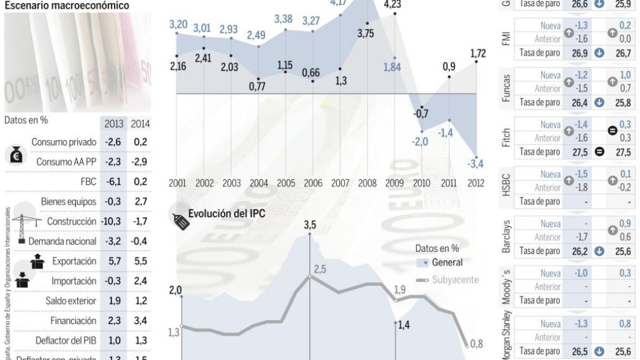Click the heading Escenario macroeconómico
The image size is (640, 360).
pyautogui.click(x=67, y=6)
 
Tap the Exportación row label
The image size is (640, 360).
pyautogui.click(x=74, y=261)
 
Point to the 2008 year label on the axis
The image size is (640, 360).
pyautogui.click(x=367, y=184)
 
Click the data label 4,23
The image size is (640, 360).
pyautogui.click(x=392, y=5)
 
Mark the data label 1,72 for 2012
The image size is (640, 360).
pyautogui.click(x=477, y=53)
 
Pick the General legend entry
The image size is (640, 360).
pyautogui.click(x=446, y=263)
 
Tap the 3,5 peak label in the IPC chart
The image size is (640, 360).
pyautogui.click(x=309, y=225)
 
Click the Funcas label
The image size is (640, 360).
pyautogui.click(x=506, y=88)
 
